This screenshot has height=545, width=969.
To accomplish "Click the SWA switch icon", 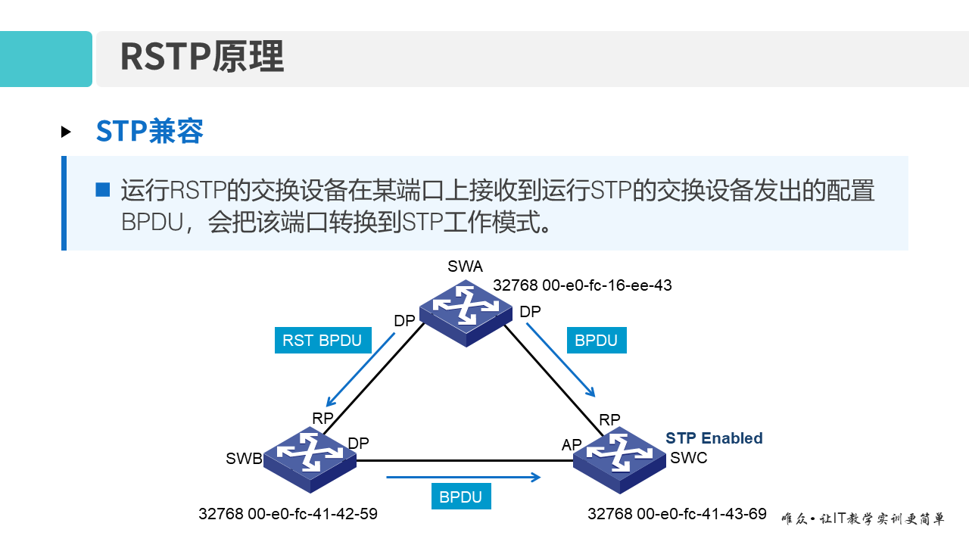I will click(466, 311).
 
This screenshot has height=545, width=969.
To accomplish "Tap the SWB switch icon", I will click(310, 457).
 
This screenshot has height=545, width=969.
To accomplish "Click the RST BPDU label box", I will click(322, 341).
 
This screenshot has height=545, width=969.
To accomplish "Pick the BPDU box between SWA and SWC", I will click(597, 341).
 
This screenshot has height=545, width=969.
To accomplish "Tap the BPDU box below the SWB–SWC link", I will click(460, 497).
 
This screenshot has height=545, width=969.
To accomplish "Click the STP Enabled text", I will click(714, 438).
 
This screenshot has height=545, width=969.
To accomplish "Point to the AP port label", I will click(572, 445).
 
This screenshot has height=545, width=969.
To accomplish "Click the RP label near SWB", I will click(322, 419).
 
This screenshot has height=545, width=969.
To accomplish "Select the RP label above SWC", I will click(609, 419).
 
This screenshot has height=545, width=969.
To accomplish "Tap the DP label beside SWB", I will click(358, 444).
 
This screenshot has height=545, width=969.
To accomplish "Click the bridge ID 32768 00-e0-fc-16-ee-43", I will click(582, 285).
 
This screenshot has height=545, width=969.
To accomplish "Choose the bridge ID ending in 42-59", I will click(288, 514).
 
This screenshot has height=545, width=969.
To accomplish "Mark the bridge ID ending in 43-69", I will click(677, 514).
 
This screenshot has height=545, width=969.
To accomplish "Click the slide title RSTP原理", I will click(201, 58).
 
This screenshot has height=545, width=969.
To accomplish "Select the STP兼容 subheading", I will click(150, 132).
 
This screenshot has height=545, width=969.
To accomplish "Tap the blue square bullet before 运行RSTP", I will click(103, 189).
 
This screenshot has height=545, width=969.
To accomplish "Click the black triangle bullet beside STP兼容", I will click(66, 132).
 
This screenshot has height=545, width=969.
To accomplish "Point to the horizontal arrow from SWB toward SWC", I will click(463, 477).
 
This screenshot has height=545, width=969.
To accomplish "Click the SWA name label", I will click(465, 266).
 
